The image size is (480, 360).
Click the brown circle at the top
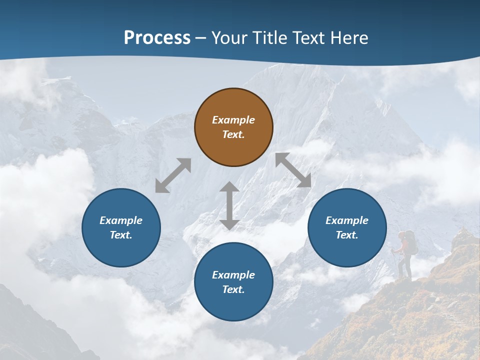click(233, 127)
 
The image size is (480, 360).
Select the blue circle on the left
click(121, 227)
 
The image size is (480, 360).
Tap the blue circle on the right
click(347, 227)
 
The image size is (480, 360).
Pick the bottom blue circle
click(233, 282)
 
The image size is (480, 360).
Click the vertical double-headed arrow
click(229, 205)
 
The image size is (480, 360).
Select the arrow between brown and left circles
click(173, 175)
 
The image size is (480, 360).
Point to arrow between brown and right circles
click(293, 170)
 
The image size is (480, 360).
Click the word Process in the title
click(157, 38)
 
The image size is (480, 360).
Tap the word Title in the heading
click(270, 38)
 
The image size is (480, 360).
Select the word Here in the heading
click(349, 38)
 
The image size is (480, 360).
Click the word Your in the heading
click(229, 38)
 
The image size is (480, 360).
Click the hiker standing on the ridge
click(405, 255)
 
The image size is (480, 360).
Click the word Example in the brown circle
click(233, 120)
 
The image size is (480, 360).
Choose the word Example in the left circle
click(121, 220)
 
